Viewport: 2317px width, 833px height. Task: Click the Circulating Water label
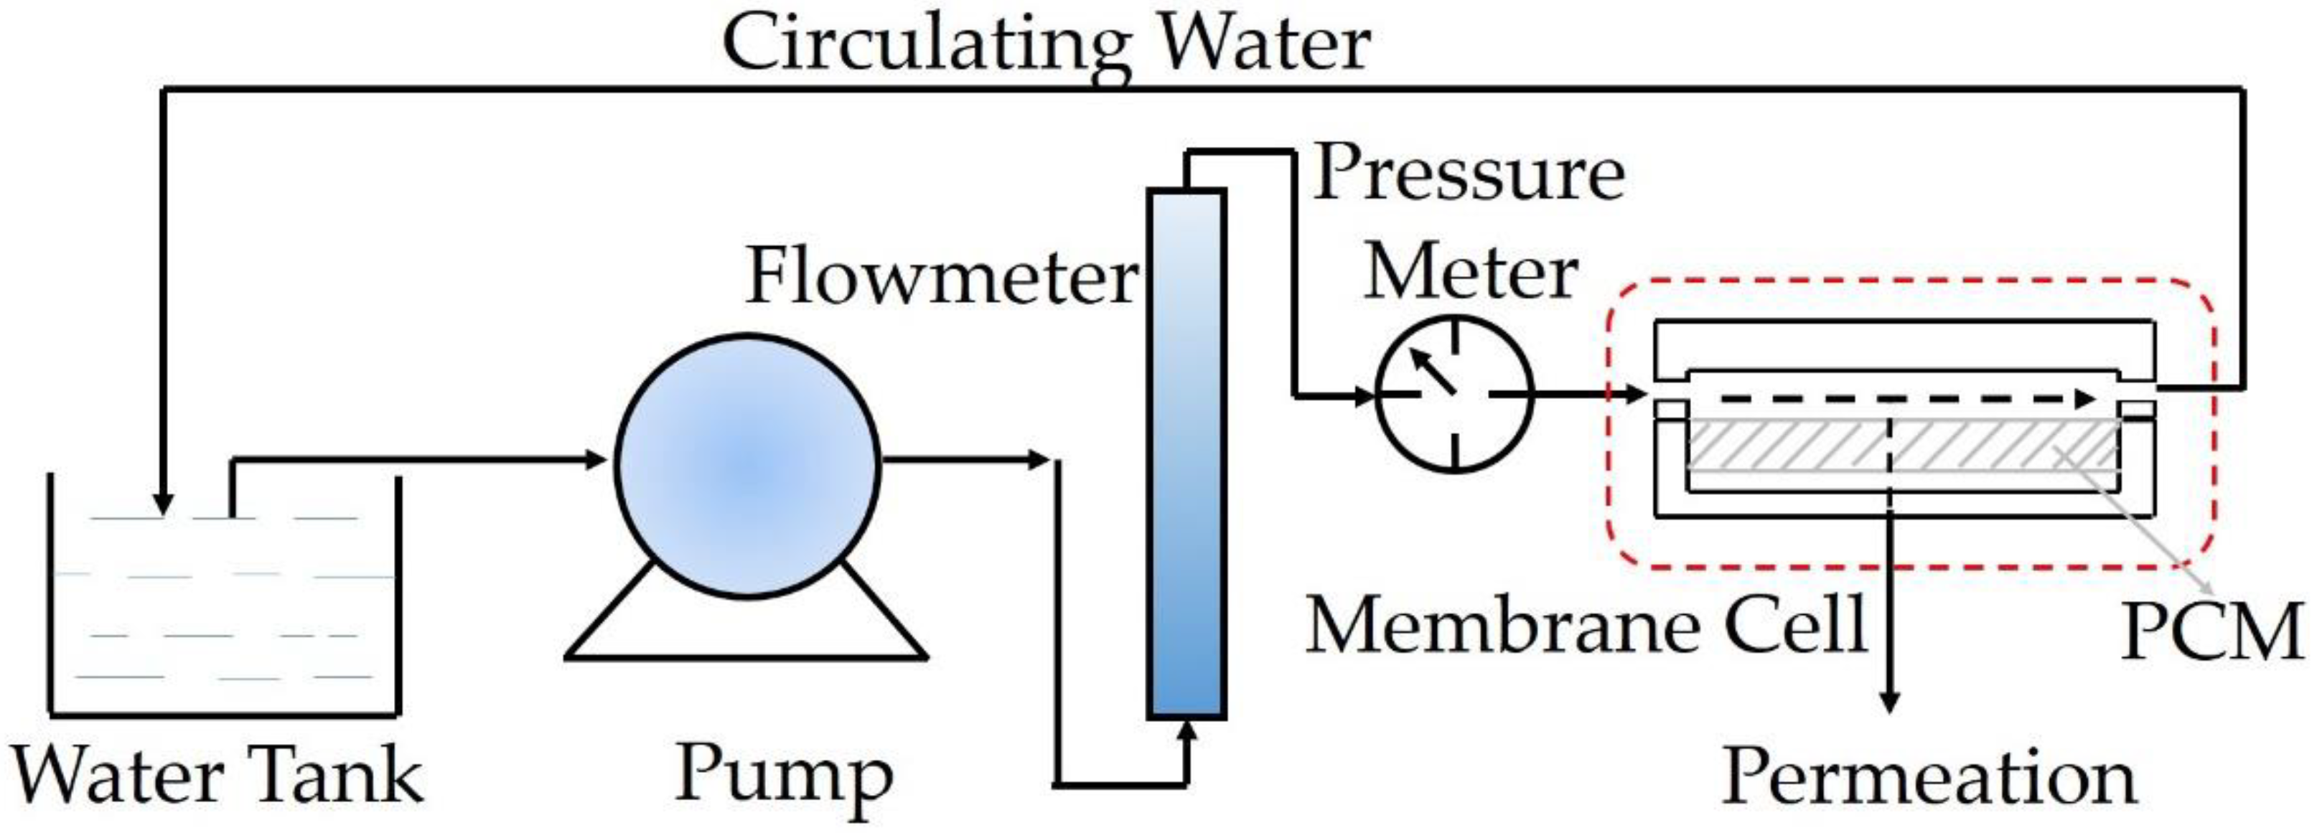click(x=1046, y=45)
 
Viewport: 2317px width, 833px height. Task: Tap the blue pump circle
click(x=747, y=466)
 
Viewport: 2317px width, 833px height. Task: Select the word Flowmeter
click(x=942, y=277)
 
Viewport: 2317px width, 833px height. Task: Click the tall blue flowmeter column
click(x=1186, y=454)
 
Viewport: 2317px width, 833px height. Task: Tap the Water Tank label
click(x=217, y=776)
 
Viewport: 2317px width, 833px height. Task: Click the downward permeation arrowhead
click(x=1890, y=702)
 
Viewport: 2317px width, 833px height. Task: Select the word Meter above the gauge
click(x=1470, y=273)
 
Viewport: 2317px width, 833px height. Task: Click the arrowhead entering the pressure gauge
click(x=1365, y=394)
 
